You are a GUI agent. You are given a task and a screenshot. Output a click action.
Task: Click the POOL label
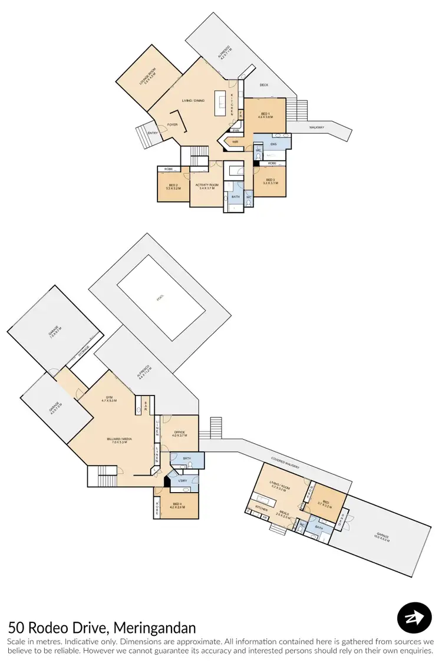point(160,298)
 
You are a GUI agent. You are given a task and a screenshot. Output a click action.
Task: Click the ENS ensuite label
point(273,143)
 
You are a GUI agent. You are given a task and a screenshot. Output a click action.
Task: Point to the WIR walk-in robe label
point(235,142)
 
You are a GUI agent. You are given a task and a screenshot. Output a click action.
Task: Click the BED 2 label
point(173,187)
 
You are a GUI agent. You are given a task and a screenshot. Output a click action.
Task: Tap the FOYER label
point(172,124)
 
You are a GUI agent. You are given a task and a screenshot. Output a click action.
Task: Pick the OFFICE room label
point(180,433)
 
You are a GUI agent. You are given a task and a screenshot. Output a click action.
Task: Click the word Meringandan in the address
point(154,628)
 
